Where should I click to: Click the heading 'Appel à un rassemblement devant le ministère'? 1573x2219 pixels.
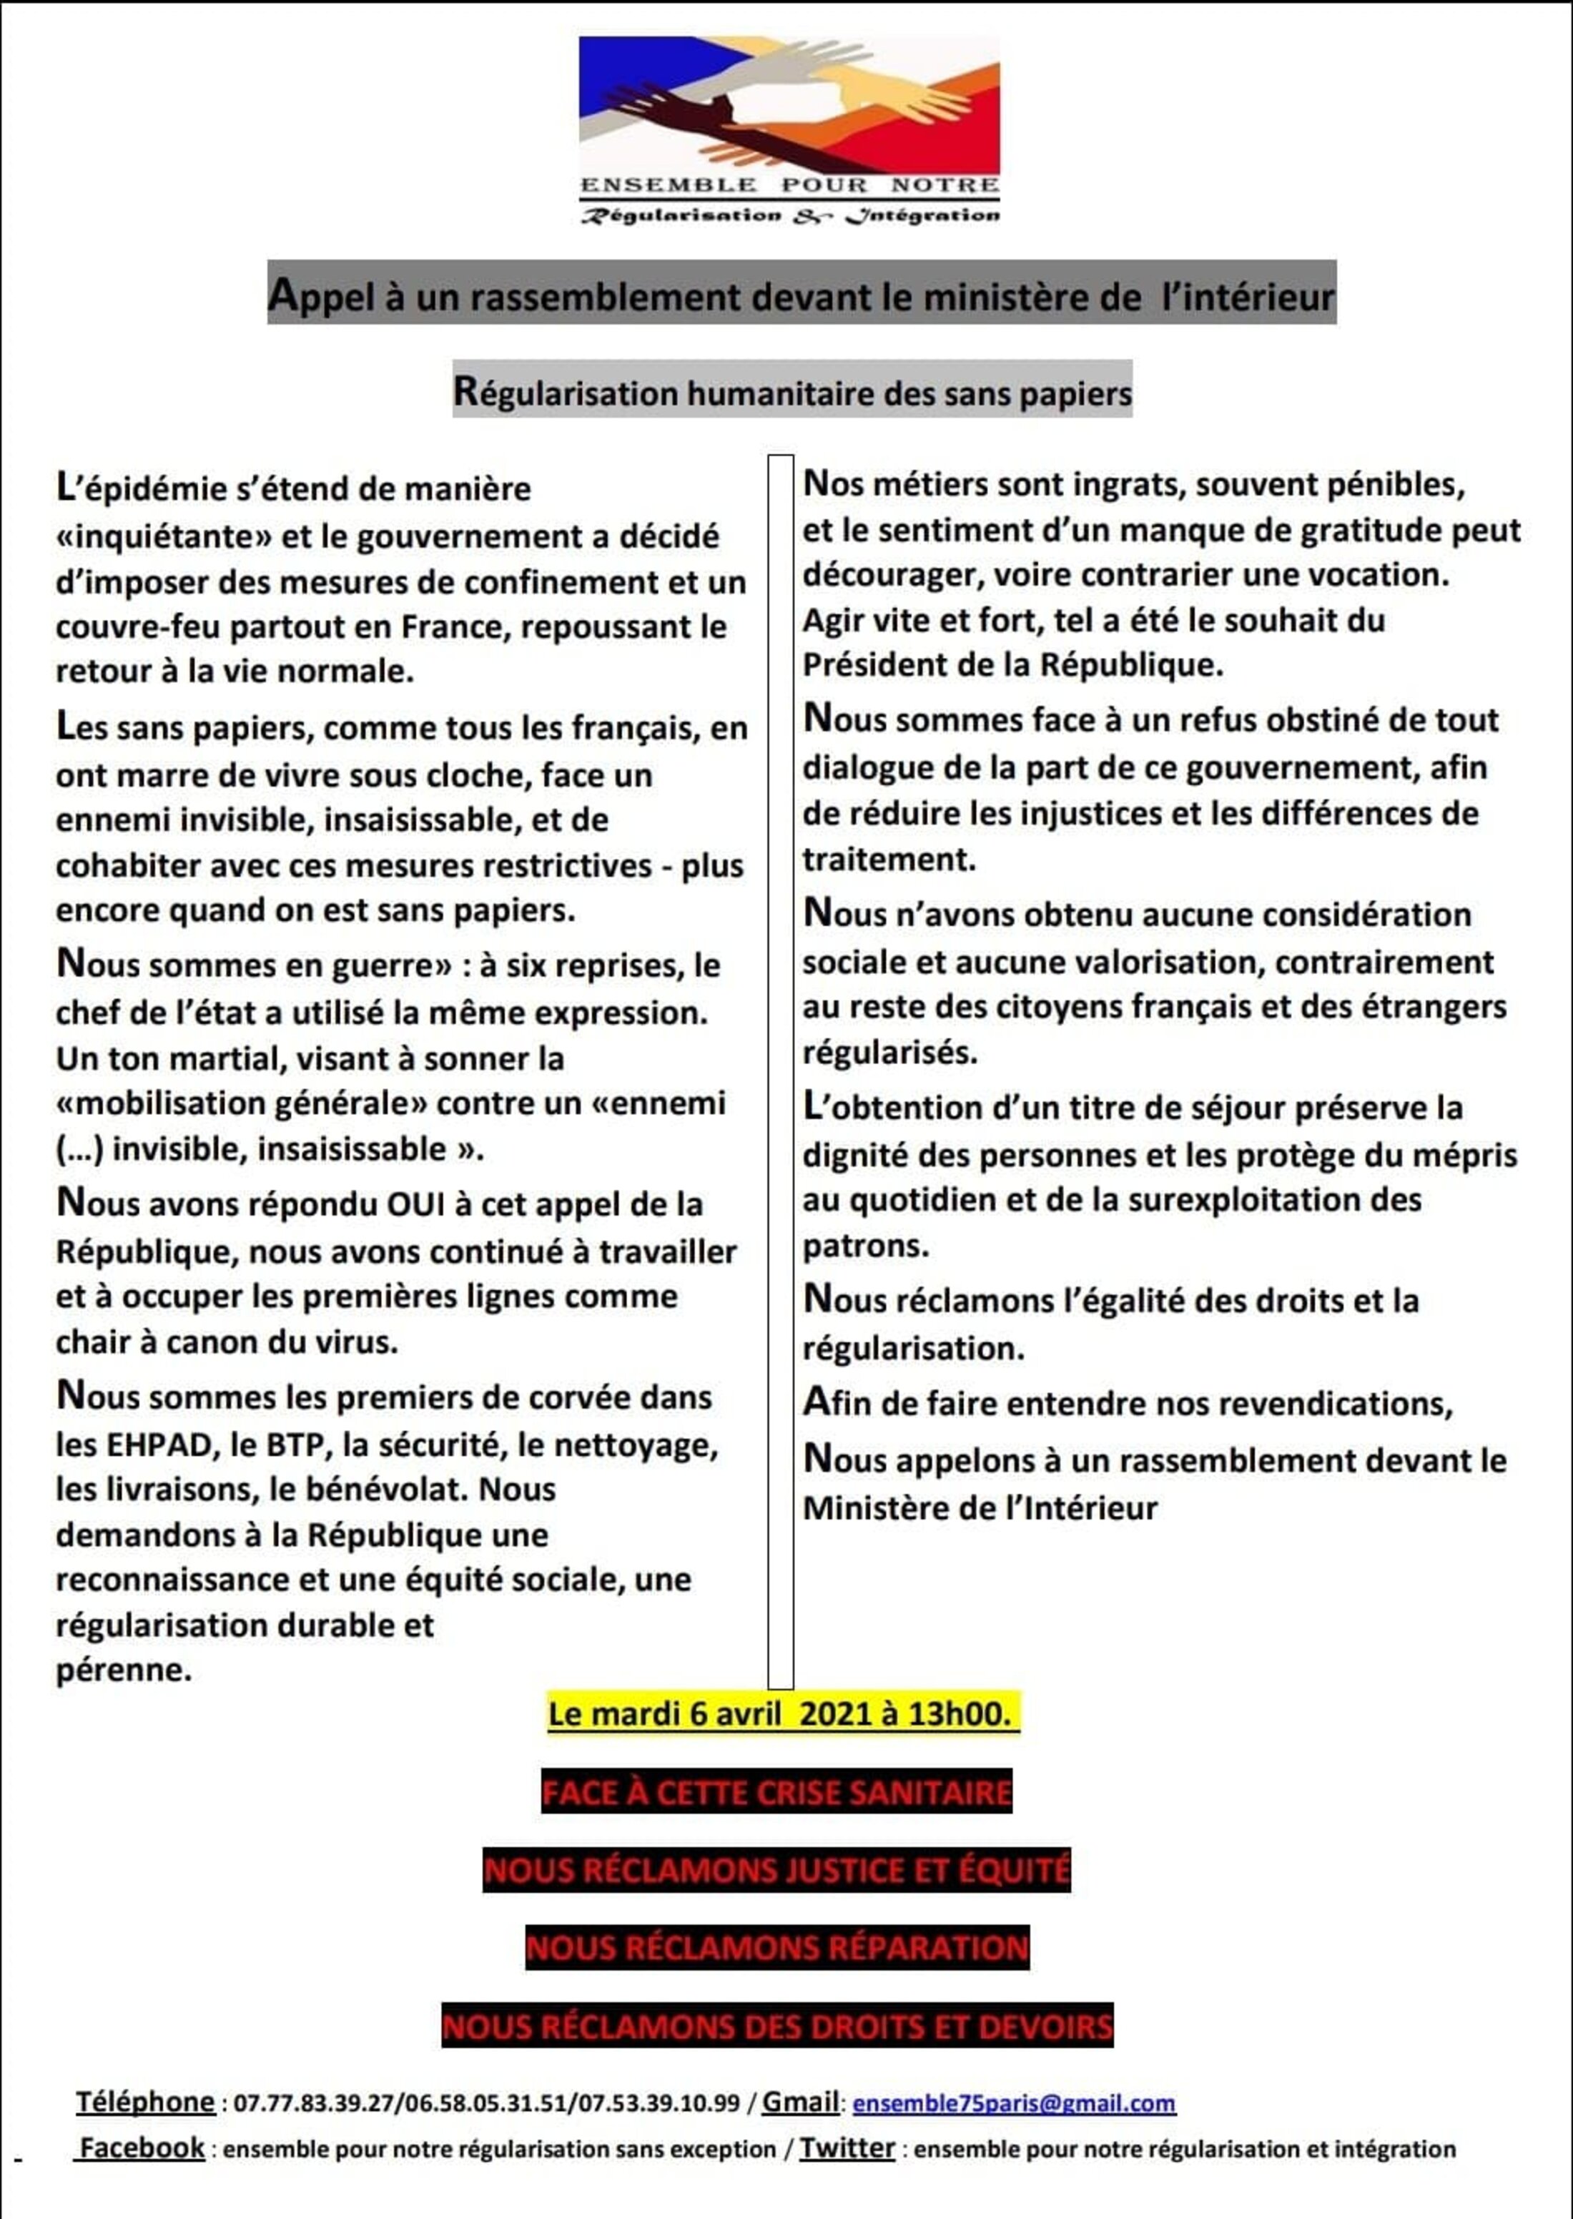pyautogui.click(x=801, y=295)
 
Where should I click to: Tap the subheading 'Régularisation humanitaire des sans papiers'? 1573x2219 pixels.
pyautogui.click(x=792, y=393)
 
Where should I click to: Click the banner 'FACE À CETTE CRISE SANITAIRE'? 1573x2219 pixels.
pyautogui.click(x=776, y=1793)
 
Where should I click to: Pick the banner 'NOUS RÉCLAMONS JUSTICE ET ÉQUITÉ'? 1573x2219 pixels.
pyautogui.click(x=776, y=1870)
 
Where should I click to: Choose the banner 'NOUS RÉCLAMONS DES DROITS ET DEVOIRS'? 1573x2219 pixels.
pyautogui.click(x=776, y=2026)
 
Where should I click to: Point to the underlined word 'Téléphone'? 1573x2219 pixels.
pyautogui.click(x=145, y=2102)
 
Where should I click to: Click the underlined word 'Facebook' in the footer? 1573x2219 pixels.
pyautogui.click(x=142, y=2148)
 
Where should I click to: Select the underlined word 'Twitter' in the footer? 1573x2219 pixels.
pyautogui.click(x=847, y=2148)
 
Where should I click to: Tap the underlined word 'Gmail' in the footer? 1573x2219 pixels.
pyautogui.click(x=800, y=2102)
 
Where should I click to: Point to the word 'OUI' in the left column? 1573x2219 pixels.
pyautogui.click(x=415, y=1204)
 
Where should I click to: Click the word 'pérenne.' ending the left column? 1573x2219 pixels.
pyautogui.click(x=124, y=1669)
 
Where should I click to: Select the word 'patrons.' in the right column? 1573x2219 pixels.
pyautogui.click(x=865, y=1246)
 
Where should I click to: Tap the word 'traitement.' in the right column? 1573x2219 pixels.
pyautogui.click(x=888, y=859)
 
